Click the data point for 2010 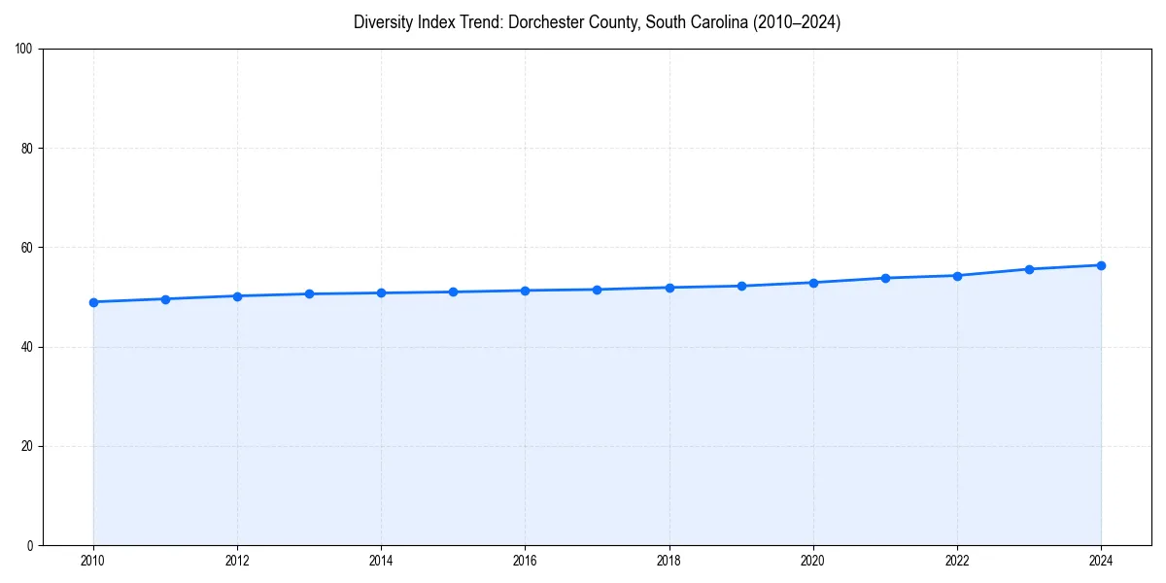93,302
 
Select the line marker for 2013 309,293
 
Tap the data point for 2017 597,290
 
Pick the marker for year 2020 813,283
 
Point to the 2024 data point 1101,265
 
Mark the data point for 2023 1029,269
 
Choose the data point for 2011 165,299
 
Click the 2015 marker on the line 453,292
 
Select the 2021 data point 885,278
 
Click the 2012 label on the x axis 237,561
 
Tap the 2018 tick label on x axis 669,561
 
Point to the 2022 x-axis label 957,561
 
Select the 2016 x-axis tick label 525,561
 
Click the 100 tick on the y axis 25,50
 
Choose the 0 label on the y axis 31,545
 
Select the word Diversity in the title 385,22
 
